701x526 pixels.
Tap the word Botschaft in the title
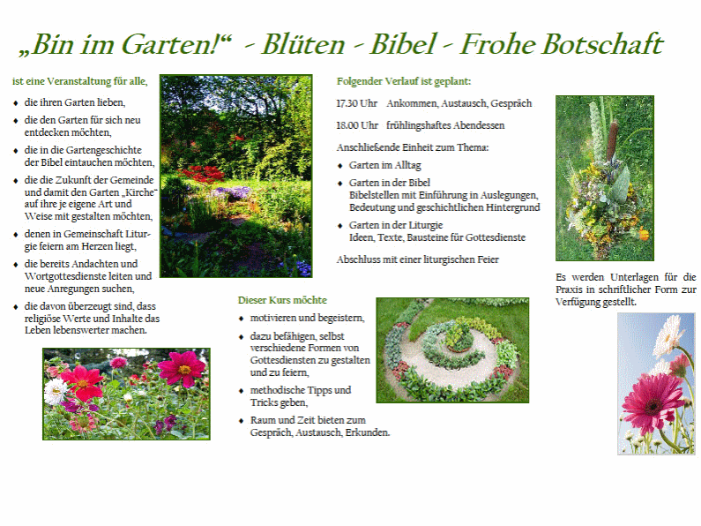601,44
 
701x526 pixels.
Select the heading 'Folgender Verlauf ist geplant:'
404,81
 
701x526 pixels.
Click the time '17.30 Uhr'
357,103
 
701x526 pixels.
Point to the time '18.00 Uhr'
357,125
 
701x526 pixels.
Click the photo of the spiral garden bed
452,349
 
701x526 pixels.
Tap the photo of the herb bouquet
604,177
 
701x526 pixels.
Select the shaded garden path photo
235,176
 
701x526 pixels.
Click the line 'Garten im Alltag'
385,165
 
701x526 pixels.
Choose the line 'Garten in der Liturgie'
396,225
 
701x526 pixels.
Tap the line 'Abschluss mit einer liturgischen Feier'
418,259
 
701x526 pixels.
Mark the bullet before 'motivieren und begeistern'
242,318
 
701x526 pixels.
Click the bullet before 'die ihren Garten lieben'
15,103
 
